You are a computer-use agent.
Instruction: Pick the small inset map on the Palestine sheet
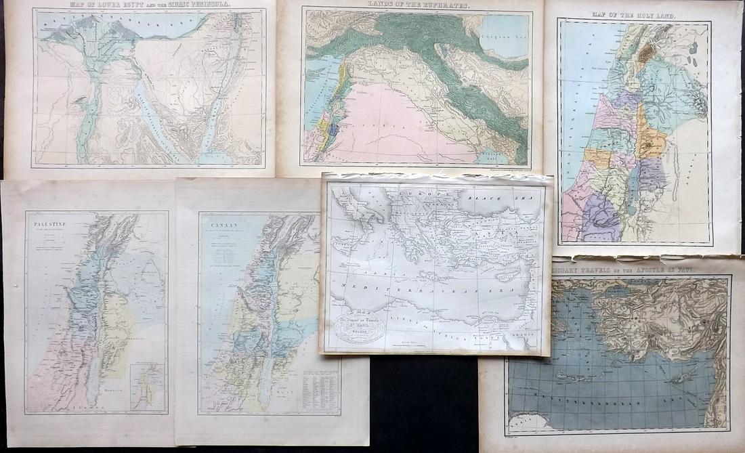[148, 387]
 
